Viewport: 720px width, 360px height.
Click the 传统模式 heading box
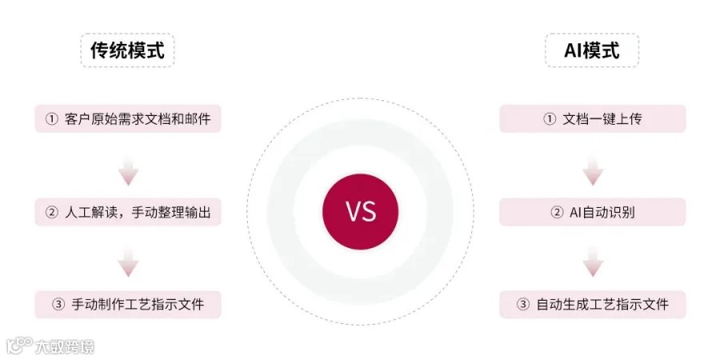[x=127, y=50]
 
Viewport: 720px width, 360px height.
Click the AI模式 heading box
[x=592, y=50]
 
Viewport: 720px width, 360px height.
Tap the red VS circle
[x=360, y=211]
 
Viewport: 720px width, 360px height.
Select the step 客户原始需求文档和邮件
[x=128, y=119]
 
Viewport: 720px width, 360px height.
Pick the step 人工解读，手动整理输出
[x=128, y=212]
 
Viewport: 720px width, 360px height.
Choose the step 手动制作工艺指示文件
[x=128, y=304]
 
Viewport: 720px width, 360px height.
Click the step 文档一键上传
[x=592, y=119]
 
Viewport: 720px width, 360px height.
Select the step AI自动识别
[x=592, y=212]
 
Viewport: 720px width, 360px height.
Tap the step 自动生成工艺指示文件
[x=592, y=304]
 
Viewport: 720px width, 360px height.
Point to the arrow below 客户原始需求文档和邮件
[x=128, y=170]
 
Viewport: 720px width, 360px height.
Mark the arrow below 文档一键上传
[x=592, y=170]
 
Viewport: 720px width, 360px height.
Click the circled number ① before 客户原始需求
[x=52, y=119]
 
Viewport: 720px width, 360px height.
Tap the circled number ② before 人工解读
[x=52, y=212]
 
